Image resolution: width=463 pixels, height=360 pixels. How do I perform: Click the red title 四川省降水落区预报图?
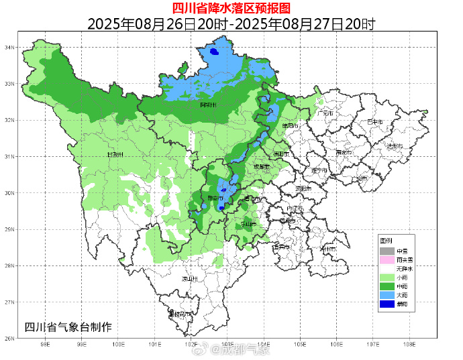(x=231, y=8)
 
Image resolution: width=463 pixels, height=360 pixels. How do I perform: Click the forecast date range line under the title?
(x=231, y=24)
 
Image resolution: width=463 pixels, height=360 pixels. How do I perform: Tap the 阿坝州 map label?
(x=209, y=105)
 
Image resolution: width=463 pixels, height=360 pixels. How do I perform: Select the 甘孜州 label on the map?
(x=116, y=155)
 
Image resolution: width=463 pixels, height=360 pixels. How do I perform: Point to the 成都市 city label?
(x=261, y=166)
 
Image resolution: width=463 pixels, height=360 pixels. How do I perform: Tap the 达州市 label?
(x=395, y=146)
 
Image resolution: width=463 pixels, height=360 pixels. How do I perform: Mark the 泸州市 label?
(x=328, y=249)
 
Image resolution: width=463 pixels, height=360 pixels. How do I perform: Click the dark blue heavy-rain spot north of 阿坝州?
(x=213, y=52)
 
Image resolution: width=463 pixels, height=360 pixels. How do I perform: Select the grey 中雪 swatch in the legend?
(x=387, y=250)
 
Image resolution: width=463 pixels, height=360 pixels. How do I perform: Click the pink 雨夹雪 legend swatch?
(x=387, y=259)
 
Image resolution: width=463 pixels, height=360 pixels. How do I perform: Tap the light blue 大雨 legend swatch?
(x=387, y=294)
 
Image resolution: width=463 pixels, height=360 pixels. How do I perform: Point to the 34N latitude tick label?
(x=9, y=48)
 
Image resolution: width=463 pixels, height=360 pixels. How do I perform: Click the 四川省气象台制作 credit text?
(x=68, y=327)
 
